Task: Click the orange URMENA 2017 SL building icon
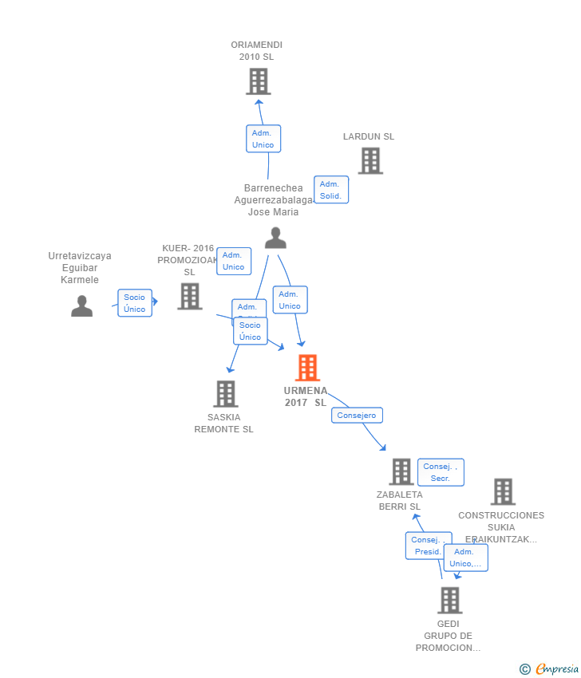tap(307, 368)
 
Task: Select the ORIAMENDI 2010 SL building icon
tap(258, 81)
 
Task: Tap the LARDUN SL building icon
tap(370, 161)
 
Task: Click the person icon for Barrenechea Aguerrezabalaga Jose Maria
tap(275, 238)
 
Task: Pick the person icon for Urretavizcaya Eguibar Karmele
tap(81, 305)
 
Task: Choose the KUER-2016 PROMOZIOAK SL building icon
tap(189, 297)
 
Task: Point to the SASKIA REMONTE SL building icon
tap(226, 393)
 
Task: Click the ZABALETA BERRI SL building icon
tap(401, 471)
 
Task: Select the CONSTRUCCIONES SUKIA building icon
tap(502, 491)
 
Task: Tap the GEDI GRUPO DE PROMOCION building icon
tap(449, 600)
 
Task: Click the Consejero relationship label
tap(357, 416)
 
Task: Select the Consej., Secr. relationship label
tap(441, 472)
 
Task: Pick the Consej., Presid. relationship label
tap(428, 546)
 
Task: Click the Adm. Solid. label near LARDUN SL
tap(330, 190)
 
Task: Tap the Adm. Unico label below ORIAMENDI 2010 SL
tap(263, 139)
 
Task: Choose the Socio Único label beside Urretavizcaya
tap(135, 303)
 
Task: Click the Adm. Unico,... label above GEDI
tap(465, 558)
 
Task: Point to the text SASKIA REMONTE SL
tap(223, 423)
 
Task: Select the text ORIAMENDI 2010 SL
tap(256, 50)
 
